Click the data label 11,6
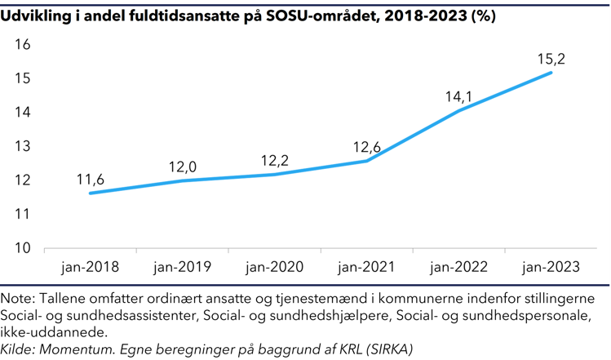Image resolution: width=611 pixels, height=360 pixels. coord(91,179)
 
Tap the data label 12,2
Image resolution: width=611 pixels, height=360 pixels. coord(275,160)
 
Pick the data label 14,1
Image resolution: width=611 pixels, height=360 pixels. coord(459,96)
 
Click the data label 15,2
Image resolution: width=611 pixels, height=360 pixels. coord(551,59)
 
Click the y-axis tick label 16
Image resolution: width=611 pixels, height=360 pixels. coord(23,45)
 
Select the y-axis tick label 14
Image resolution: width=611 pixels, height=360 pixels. coord(23,113)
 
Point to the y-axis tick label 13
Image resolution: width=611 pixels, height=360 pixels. coord(23,147)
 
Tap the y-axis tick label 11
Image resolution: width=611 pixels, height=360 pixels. coord(23,214)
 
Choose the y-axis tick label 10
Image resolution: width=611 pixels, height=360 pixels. coord(23,248)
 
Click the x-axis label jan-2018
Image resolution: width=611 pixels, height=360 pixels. coord(91,268)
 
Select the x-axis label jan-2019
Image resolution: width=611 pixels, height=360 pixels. coord(183,268)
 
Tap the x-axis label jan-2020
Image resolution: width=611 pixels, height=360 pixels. coord(275,268)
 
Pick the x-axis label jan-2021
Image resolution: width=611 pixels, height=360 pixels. coord(367,268)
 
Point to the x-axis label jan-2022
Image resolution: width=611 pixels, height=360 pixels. coord(459,268)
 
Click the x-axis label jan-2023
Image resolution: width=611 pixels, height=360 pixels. coord(551,268)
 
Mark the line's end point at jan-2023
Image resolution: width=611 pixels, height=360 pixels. coord(551,73)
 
